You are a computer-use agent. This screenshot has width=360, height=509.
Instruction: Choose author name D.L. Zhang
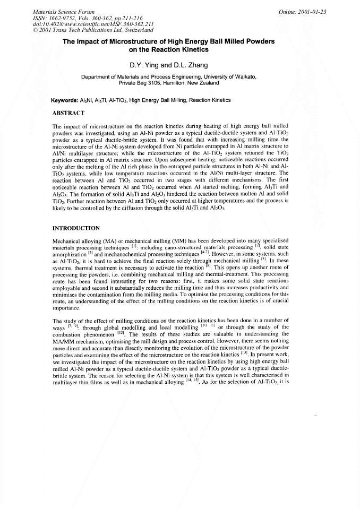(199, 65)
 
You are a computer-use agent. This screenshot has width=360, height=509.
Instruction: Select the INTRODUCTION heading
(76, 228)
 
